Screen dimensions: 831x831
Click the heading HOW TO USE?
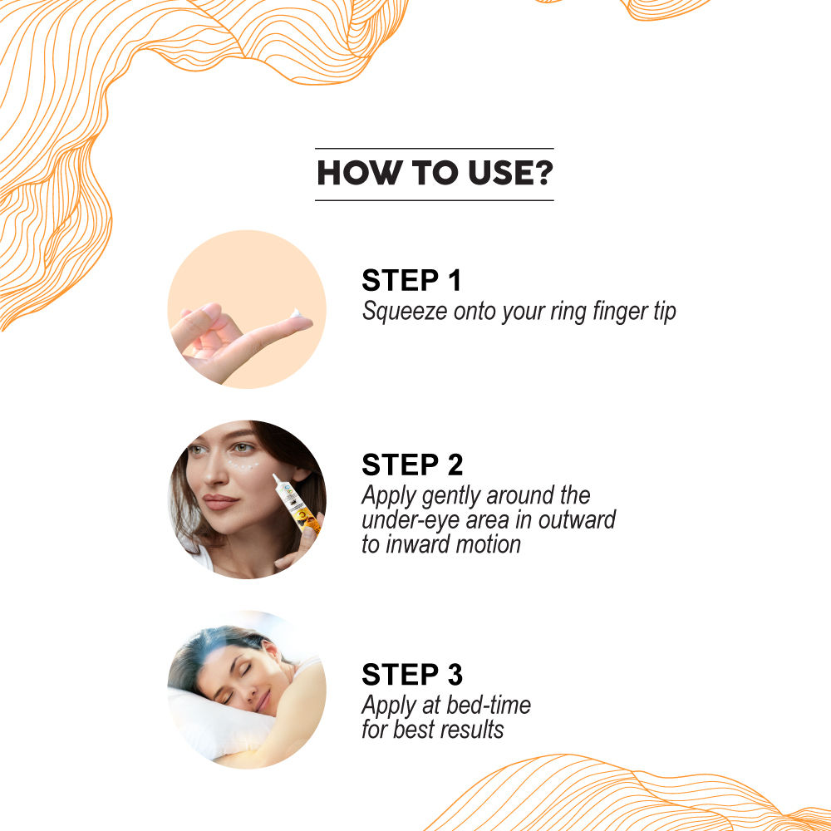tap(434, 174)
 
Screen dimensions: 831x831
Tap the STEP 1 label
tap(411, 281)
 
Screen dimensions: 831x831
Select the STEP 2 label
tap(412, 465)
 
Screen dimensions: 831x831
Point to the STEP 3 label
tap(412, 674)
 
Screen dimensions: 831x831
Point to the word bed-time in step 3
tap(489, 706)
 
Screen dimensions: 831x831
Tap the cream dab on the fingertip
tap(298, 315)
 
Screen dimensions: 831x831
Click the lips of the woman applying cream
tap(220, 503)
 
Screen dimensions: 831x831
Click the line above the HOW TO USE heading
tap(434, 149)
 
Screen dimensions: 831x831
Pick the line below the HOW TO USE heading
tap(434, 200)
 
